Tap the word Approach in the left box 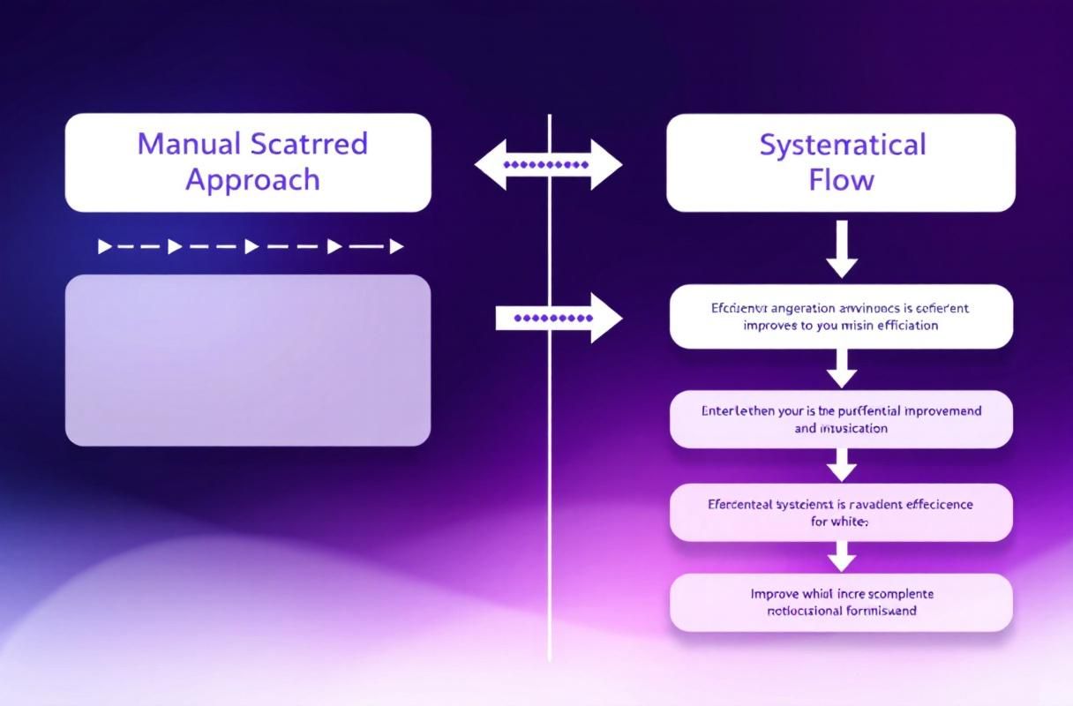pos(251,179)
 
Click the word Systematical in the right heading pos(842,144)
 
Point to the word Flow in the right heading pos(841,180)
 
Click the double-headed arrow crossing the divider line pos(548,164)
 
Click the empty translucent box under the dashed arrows pos(248,359)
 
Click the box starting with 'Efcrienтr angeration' pos(841,316)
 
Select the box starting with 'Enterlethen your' pos(841,419)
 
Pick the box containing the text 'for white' pos(841,512)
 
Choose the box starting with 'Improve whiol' pos(841,602)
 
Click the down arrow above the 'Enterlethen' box pos(841,368)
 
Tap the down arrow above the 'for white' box pos(841,464)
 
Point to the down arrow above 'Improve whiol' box pos(841,556)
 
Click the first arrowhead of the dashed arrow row pos(105,246)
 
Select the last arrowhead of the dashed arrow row pos(396,246)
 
